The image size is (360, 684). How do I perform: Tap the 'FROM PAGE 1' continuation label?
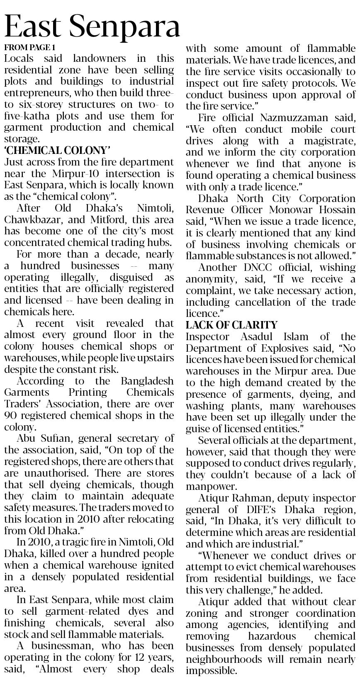click(x=29, y=47)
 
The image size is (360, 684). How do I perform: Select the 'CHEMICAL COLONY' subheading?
click(x=57, y=150)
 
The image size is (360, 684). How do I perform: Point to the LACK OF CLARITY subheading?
click(x=231, y=324)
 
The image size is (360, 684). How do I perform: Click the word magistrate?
click(x=328, y=141)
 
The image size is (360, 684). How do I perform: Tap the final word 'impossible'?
click(x=210, y=671)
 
